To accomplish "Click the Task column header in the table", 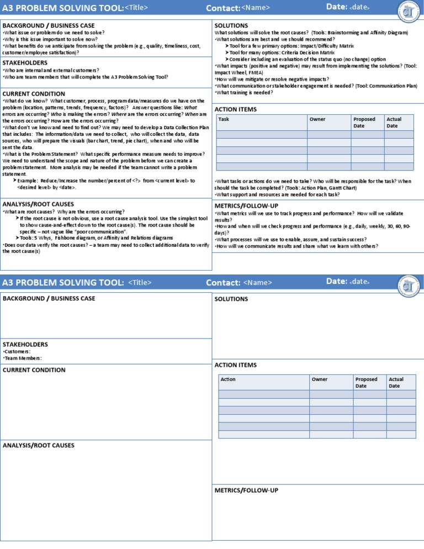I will pos(224,119).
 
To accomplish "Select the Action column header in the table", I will pos(228,379).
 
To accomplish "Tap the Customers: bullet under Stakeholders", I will pos(17,351).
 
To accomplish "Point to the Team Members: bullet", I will pos(22,358).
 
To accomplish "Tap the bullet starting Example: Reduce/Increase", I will pos(105,181).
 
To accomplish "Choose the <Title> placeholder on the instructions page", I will pos(137,7).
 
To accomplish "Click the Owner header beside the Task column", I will pos(317,119).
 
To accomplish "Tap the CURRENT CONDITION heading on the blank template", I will pos(34,370).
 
